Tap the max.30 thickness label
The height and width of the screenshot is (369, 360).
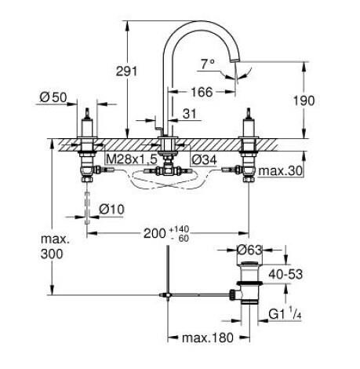coord(282,170)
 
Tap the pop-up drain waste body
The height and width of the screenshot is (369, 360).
coord(251,292)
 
